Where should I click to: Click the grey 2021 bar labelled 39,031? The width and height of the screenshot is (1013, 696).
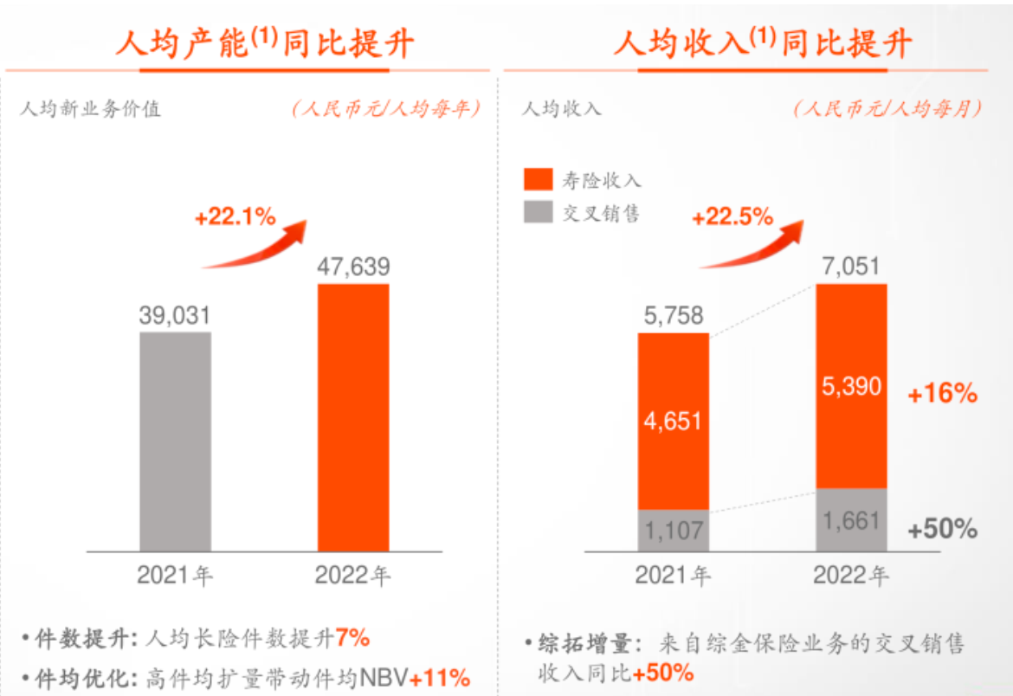pyautogui.click(x=175, y=441)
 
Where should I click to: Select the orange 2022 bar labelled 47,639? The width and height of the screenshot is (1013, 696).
pyautogui.click(x=353, y=417)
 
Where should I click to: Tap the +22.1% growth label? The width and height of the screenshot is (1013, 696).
pyautogui.click(x=236, y=217)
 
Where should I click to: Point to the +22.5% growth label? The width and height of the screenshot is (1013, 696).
pyautogui.click(x=732, y=217)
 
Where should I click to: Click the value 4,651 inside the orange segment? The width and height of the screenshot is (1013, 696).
pyautogui.click(x=673, y=422)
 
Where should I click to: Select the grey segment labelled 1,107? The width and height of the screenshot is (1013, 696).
pyautogui.click(x=673, y=530)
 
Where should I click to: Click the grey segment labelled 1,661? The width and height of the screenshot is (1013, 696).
pyautogui.click(x=851, y=520)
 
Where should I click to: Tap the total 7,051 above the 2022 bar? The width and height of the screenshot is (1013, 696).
pyautogui.click(x=851, y=267)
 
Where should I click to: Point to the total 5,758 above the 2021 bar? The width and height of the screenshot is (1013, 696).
pyautogui.click(x=673, y=316)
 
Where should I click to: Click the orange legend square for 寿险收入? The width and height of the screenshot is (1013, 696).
pyautogui.click(x=539, y=179)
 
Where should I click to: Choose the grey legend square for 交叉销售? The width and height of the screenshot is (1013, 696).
pyautogui.click(x=539, y=212)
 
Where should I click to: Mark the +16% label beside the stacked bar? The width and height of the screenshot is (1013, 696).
pyautogui.click(x=942, y=394)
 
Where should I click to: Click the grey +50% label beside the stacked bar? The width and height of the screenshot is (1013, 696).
pyautogui.click(x=942, y=528)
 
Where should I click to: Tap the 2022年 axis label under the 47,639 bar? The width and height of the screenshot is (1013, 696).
pyautogui.click(x=353, y=575)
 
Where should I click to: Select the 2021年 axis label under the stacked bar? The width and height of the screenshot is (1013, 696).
pyautogui.click(x=673, y=575)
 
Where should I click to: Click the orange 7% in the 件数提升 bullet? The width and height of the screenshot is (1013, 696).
pyautogui.click(x=353, y=639)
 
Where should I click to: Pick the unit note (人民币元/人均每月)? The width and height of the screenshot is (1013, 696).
pyautogui.click(x=888, y=109)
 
